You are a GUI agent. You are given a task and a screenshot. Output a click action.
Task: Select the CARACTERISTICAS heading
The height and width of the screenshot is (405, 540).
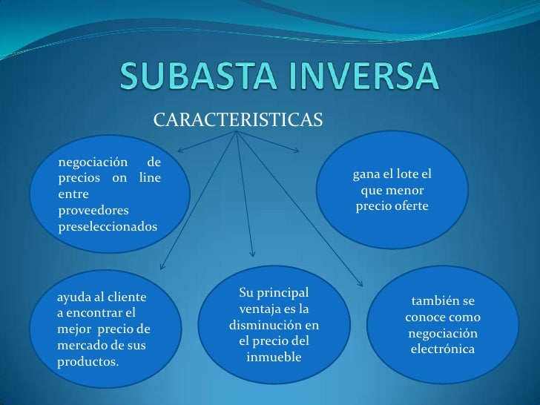(238, 119)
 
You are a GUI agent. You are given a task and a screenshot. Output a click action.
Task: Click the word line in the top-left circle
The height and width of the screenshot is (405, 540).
(150, 178)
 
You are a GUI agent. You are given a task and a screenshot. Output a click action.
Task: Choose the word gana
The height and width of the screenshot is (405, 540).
(367, 175)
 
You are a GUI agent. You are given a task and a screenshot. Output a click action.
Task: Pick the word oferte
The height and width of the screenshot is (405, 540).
(411, 205)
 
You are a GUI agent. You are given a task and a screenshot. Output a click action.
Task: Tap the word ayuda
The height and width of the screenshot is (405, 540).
(74, 298)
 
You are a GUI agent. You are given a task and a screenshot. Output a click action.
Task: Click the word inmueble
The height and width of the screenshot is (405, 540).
(274, 358)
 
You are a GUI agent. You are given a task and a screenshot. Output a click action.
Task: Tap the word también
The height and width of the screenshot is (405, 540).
(437, 301)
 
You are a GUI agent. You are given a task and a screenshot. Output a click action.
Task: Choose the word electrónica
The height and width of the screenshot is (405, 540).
(443, 349)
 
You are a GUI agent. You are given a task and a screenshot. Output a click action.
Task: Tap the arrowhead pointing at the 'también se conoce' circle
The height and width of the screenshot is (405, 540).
(360, 283)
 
